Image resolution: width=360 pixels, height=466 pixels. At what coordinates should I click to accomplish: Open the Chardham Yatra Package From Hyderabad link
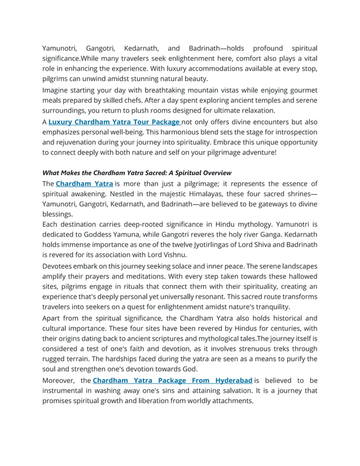pos(172,380)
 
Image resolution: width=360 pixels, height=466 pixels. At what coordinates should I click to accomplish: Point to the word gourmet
pos(302,90)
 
